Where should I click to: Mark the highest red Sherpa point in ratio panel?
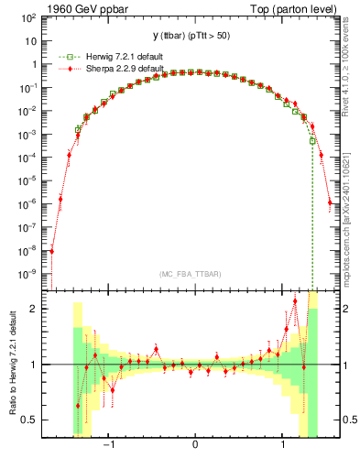[295, 300]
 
